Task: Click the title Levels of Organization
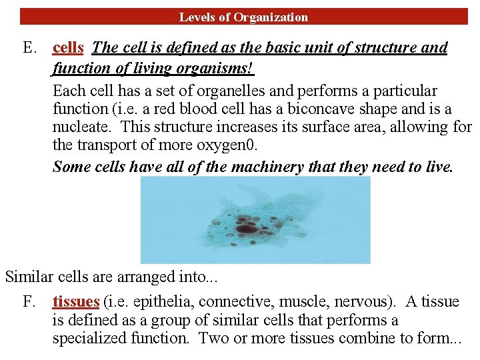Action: point(243,17)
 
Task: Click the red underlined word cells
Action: point(68,48)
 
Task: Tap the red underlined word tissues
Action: point(75,302)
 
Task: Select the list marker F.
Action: point(29,302)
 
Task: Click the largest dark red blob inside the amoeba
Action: point(247,229)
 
